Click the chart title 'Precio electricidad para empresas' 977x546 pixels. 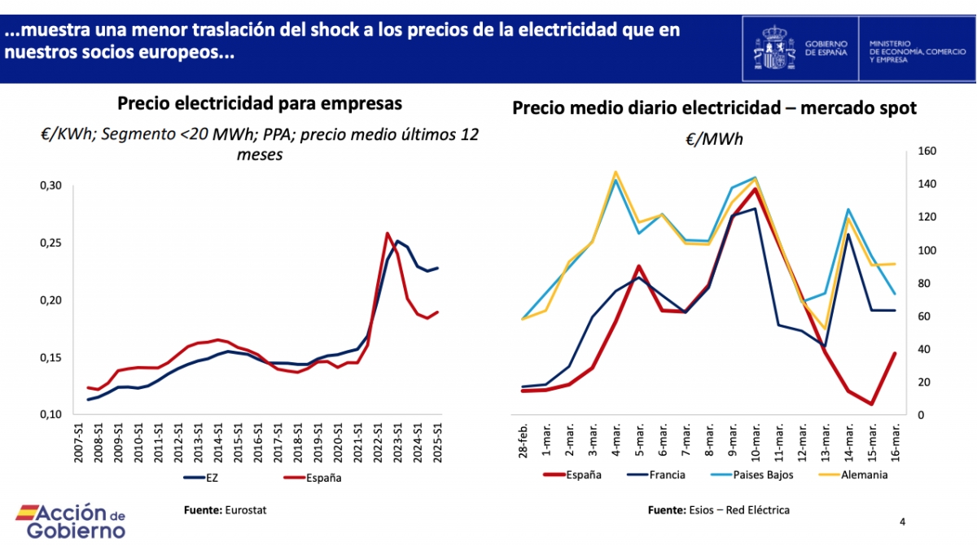260,104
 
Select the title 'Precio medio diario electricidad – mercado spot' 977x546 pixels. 715,108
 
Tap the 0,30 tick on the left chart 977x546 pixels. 50,186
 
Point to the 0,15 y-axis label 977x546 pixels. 50,358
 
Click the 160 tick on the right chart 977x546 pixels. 929,151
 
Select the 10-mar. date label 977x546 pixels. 755,439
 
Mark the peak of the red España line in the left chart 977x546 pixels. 388,234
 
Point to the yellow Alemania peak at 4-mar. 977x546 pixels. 616,172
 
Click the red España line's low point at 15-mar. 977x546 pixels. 871,404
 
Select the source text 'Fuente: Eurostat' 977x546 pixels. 225,509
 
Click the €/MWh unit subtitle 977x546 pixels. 714,139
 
